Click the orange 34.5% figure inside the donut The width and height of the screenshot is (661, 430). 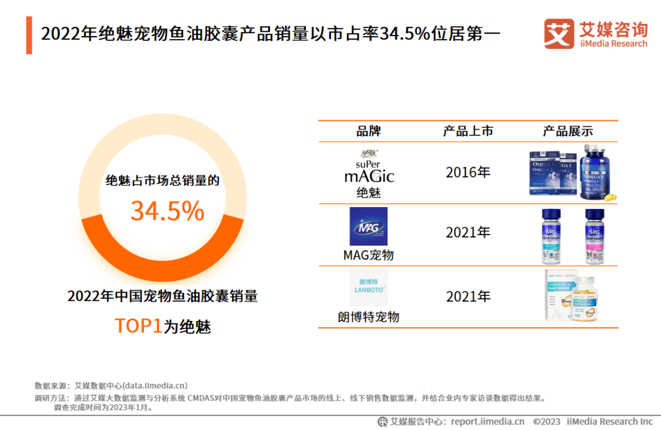(x=167, y=211)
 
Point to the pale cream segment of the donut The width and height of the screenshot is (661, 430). (x=163, y=131)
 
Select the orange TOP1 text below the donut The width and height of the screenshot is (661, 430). (x=138, y=326)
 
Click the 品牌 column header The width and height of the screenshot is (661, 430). (x=368, y=131)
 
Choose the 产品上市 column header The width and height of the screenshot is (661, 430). (x=468, y=131)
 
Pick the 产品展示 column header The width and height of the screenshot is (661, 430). (x=567, y=131)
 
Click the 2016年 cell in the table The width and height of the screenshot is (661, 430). (x=468, y=172)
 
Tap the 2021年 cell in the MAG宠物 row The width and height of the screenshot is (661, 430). (x=468, y=233)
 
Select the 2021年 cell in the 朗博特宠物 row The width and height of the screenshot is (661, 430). (x=468, y=296)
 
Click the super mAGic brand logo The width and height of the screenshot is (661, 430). (x=368, y=167)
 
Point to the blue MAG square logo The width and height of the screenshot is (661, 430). (x=368, y=226)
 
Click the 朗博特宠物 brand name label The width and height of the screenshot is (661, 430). (x=368, y=317)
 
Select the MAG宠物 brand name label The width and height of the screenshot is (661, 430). (x=368, y=255)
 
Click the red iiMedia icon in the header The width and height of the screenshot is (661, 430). (x=558, y=34)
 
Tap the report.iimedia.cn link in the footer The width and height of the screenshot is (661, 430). (x=488, y=421)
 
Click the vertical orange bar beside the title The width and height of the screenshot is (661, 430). (x=29, y=36)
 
